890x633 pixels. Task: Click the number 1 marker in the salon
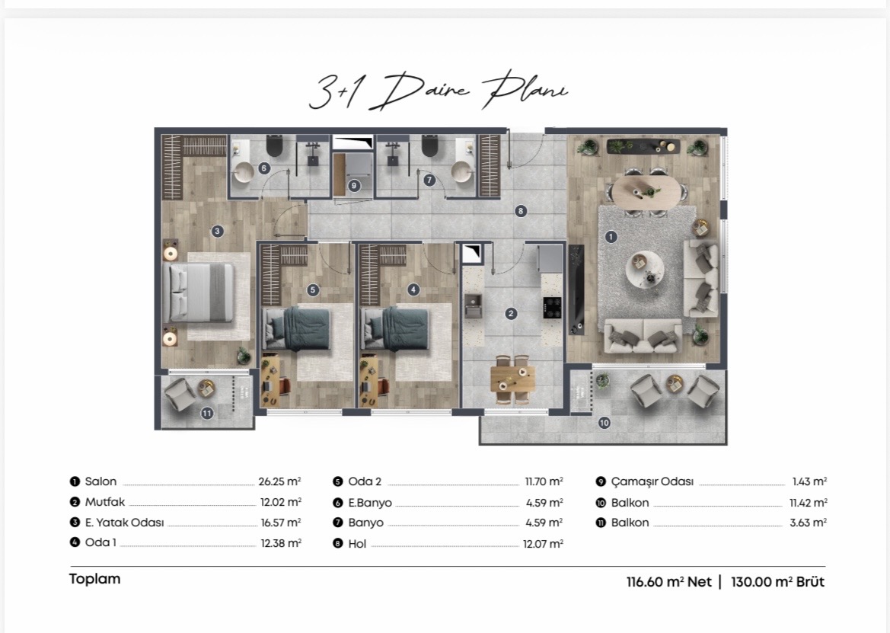(611, 237)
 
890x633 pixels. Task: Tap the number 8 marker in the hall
(521, 211)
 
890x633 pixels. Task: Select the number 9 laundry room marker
(354, 186)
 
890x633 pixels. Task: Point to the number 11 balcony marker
(206, 414)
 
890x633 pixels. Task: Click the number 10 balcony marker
(604, 422)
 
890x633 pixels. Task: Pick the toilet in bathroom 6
(275, 146)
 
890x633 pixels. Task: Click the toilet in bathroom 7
(430, 146)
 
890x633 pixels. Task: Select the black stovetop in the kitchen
(552, 307)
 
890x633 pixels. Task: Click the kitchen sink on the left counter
(472, 305)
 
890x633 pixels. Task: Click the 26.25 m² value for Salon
(280, 481)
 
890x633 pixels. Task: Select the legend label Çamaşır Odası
(652, 482)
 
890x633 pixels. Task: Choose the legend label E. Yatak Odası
(124, 523)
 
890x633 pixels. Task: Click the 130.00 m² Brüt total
(777, 581)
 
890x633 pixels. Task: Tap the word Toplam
(95, 579)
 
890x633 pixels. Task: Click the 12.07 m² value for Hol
(543, 544)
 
